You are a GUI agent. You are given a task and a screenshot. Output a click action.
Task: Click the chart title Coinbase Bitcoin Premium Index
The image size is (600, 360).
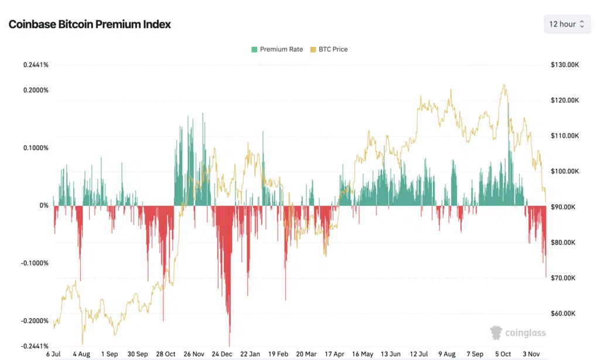click(90, 25)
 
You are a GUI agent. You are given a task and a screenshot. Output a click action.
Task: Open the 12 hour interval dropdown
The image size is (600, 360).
click(566, 24)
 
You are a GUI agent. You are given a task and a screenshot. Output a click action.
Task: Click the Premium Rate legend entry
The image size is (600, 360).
click(277, 49)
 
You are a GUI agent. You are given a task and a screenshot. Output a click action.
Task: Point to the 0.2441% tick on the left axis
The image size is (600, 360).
click(36, 64)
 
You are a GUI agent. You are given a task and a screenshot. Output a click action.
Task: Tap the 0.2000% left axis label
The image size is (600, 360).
click(36, 90)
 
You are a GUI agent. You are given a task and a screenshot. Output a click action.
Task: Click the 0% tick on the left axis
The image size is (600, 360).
click(44, 206)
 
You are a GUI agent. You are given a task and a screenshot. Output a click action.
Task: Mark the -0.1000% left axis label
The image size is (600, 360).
click(35, 263)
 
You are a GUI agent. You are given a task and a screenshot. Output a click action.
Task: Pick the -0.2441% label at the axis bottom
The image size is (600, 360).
click(35, 347)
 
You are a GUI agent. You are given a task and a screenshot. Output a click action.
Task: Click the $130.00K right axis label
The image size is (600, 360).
click(565, 64)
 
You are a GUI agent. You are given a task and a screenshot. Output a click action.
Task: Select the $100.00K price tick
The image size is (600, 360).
click(565, 171)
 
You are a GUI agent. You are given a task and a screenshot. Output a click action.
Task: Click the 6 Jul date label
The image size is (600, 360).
click(53, 354)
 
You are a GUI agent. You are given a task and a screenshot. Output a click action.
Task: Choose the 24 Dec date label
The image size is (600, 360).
click(223, 354)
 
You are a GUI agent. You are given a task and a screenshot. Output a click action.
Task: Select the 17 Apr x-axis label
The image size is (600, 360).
click(335, 354)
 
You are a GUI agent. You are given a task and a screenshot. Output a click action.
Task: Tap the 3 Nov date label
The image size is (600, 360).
click(531, 354)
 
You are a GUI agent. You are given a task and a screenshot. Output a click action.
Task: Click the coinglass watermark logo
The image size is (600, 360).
click(518, 333)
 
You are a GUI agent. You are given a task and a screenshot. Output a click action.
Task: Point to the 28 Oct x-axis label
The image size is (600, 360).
click(166, 354)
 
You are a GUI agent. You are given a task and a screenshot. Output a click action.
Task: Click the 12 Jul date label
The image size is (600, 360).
click(420, 354)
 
